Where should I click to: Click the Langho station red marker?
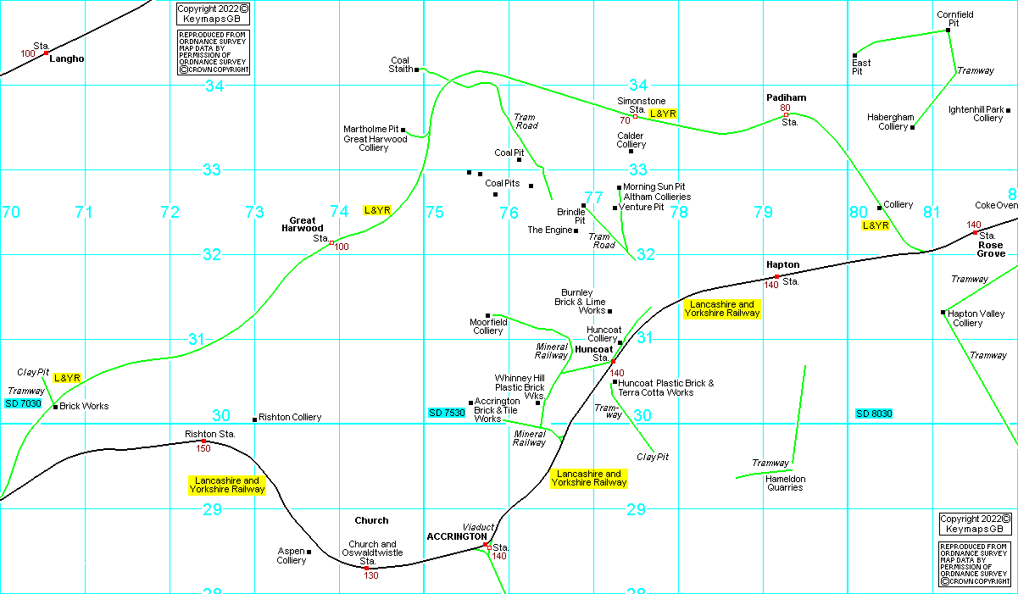47,53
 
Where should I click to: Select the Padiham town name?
786,97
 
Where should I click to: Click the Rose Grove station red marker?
975,232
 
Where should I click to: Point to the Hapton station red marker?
776,276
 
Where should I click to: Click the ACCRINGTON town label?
456,536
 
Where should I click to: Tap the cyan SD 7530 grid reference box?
447,413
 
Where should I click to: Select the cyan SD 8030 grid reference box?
874,414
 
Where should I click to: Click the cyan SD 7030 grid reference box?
23,403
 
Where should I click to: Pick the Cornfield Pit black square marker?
948,31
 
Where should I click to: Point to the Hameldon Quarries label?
784,483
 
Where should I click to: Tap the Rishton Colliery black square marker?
254,419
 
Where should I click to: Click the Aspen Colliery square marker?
309,552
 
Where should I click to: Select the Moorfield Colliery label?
488,326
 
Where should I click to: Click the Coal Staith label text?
400,65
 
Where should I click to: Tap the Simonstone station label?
641,105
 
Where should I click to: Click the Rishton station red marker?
203,441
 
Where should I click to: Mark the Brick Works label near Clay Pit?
84,407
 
